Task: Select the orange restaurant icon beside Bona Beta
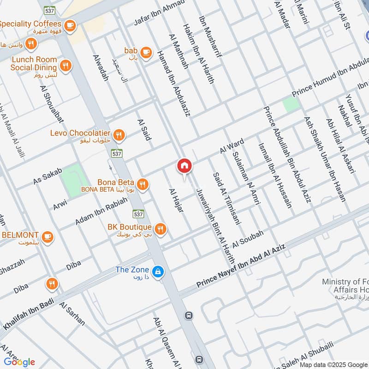[143, 184]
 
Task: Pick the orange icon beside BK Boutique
[161, 229]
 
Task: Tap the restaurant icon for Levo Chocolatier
[119, 135]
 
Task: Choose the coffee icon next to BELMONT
[47, 237]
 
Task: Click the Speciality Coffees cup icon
[70, 25]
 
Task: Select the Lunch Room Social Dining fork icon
[66, 66]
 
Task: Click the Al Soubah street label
[248, 237]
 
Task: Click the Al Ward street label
[231, 147]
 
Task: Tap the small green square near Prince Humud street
[291, 104]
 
